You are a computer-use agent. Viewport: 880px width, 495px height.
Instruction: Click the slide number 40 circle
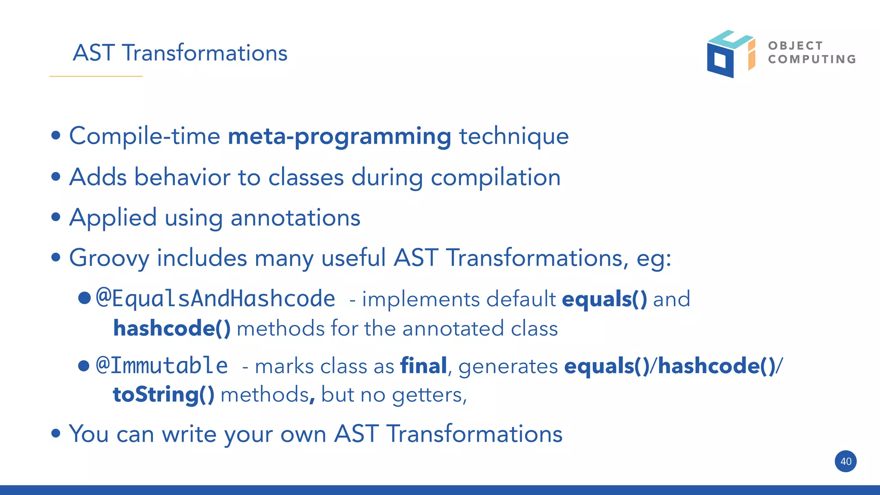(x=845, y=462)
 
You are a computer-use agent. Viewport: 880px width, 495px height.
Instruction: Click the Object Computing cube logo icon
(x=730, y=54)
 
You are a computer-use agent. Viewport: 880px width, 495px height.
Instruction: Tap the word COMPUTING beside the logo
(x=812, y=59)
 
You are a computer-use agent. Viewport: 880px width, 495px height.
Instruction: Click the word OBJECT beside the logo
(x=795, y=46)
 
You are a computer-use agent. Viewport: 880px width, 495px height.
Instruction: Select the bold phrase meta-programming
(x=339, y=137)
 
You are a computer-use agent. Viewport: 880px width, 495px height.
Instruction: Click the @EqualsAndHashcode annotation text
(x=215, y=299)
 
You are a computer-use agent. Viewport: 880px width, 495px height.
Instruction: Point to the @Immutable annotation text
(x=162, y=366)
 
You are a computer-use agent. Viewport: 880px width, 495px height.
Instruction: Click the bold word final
(x=423, y=366)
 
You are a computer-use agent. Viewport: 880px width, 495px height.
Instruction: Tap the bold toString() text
(x=163, y=395)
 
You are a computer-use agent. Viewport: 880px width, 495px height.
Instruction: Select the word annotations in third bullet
(x=295, y=218)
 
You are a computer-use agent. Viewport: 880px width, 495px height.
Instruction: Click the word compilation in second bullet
(x=495, y=177)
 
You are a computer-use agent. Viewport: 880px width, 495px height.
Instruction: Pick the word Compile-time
(x=145, y=137)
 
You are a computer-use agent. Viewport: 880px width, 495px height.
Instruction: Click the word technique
(x=514, y=137)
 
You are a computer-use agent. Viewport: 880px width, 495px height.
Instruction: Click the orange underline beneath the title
(x=96, y=76)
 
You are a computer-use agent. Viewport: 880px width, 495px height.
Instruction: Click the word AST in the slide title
(x=94, y=53)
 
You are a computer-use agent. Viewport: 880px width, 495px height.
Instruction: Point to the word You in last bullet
(x=89, y=434)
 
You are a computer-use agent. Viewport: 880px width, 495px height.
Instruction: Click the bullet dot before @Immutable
(x=84, y=366)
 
